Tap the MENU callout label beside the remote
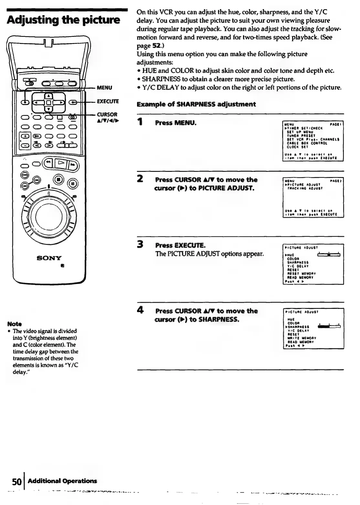tap(105, 88)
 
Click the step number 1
tap(140, 123)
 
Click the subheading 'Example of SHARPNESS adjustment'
tap(196, 104)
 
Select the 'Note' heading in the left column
tap(16, 324)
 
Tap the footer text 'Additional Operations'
tap(62, 481)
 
